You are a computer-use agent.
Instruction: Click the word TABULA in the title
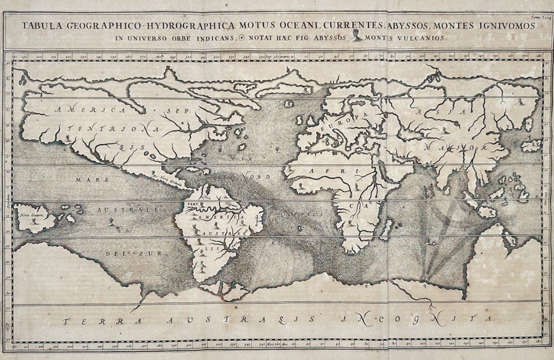coord(41,26)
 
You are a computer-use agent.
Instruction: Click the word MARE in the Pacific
coord(87,179)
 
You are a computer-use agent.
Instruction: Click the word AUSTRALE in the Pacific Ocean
coord(127,210)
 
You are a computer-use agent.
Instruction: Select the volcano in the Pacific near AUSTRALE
coord(113,224)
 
